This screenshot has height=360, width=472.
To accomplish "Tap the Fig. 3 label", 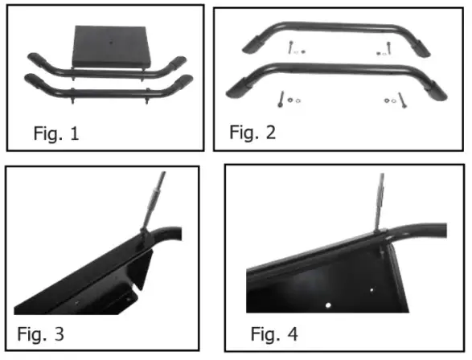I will (x=41, y=332).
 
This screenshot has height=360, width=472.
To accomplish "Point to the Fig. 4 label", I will (x=276, y=332).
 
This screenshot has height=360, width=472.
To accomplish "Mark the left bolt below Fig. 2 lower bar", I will (x=281, y=100).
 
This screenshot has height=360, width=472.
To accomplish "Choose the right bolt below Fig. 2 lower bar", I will (x=403, y=100).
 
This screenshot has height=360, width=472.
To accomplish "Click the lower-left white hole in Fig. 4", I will (x=332, y=305).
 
